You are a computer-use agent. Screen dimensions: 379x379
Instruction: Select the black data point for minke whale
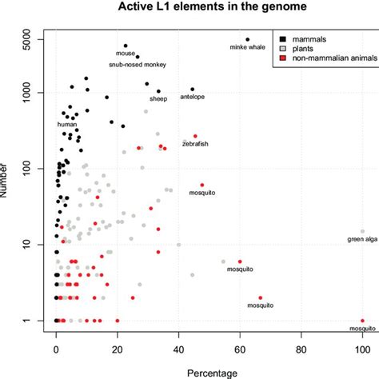click(248, 39)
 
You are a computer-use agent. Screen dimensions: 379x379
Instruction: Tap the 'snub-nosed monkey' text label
click(138, 64)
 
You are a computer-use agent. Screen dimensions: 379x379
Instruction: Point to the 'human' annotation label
click(67, 125)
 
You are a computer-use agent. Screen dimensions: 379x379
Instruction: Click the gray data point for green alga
click(362, 232)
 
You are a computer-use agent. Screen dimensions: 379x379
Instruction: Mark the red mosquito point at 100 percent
click(362, 321)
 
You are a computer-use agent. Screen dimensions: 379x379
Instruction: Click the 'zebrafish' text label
click(195, 144)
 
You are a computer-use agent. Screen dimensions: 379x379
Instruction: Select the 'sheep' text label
click(158, 98)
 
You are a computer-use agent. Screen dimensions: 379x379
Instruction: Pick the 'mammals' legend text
click(308, 38)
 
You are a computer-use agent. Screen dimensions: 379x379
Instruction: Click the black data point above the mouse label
click(126, 46)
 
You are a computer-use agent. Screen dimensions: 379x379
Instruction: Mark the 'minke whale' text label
click(247, 48)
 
